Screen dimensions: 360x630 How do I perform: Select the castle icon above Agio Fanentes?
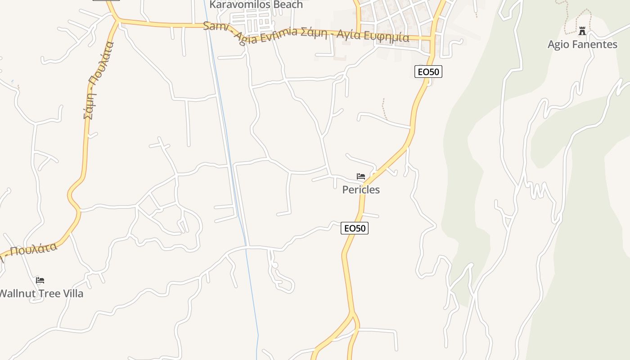coord(582,31)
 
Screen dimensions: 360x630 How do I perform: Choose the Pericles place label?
coord(361,190)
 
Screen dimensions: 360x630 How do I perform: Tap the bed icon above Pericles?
coord(361,176)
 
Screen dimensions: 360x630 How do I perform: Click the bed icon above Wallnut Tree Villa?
coord(40,280)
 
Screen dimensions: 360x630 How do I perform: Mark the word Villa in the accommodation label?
coord(72,294)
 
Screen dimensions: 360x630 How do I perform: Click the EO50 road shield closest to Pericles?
coord(355,229)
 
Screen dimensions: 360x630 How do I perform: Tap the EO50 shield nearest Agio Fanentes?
coord(428,72)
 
